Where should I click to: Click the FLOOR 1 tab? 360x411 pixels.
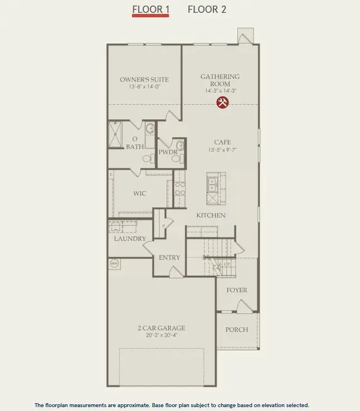point(150,9)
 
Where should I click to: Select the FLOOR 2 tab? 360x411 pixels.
point(207,9)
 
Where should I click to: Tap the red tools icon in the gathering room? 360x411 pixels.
point(222,102)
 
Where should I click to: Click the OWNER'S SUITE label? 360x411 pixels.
point(144,80)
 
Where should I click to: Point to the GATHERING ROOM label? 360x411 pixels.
point(220,80)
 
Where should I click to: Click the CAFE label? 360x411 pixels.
point(222,142)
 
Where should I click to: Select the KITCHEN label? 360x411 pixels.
point(211,215)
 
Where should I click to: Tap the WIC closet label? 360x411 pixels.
point(139,194)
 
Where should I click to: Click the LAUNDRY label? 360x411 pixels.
point(129,239)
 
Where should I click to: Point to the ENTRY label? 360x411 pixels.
point(169,258)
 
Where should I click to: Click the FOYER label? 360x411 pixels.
point(236,291)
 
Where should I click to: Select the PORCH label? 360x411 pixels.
point(236,330)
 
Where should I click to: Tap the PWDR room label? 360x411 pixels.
point(168,152)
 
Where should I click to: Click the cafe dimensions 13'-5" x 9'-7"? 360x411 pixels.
point(222,150)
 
